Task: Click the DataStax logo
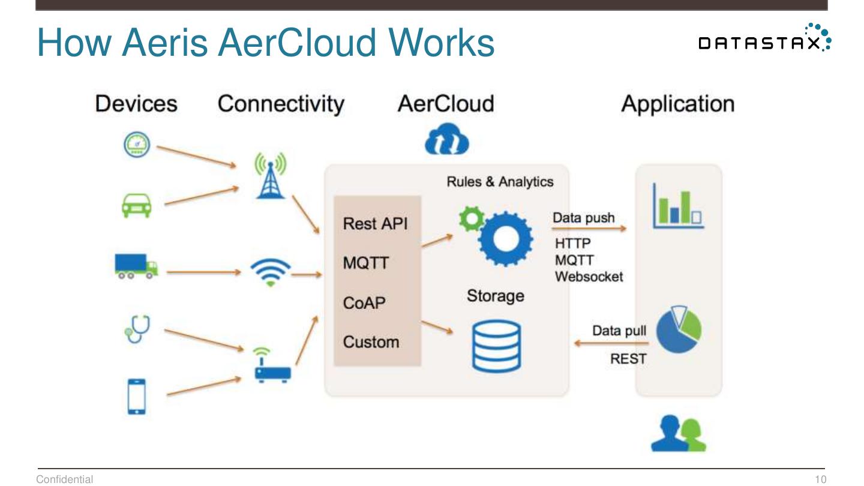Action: [765, 38]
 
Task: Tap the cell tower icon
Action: [271, 175]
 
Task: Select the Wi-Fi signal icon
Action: [271, 272]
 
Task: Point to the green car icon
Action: [137, 206]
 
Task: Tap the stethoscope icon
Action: [137, 329]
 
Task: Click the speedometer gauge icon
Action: [137, 145]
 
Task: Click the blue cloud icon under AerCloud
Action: [446, 139]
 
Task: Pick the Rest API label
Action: [375, 224]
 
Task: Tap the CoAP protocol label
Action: [364, 303]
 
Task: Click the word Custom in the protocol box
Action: [371, 342]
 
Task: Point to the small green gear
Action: [472, 218]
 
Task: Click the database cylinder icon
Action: [496, 346]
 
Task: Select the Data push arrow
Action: [589, 229]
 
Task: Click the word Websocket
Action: [589, 277]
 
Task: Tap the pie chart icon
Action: [679, 329]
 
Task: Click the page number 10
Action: [820, 479]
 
